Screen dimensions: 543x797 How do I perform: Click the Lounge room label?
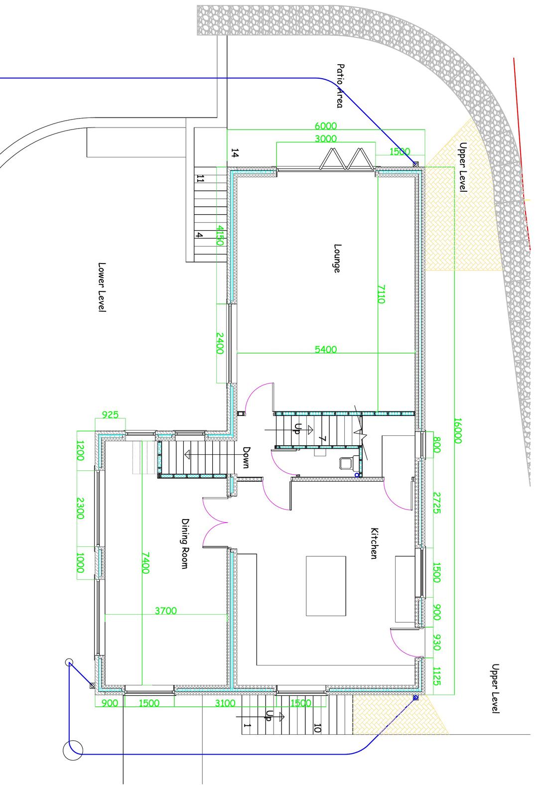coord(337,258)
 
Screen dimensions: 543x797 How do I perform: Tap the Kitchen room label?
coord(374,543)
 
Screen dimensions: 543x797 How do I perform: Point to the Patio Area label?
coord(340,85)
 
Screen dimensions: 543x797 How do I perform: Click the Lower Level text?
coord(102,287)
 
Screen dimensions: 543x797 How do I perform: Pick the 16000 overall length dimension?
coord(458,431)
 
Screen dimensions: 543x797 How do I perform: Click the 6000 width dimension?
coord(326,126)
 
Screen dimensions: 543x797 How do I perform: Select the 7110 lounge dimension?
coord(381,294)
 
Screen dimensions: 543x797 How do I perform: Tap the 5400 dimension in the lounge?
coord(326,349)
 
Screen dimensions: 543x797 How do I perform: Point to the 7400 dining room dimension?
coord(145,563)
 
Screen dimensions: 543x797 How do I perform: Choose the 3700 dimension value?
coord(166,611)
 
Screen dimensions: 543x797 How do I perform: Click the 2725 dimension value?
coord(437,503)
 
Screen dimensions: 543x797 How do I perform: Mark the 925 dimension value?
coord(110,414)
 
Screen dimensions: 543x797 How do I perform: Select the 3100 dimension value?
coord(226,703)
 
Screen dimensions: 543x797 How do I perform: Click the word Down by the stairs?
coord(246,458)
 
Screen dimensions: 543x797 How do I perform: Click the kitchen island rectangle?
coord(326,586)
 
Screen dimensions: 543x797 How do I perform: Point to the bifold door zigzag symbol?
coord(347,158)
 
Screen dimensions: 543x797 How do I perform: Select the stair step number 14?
coord(235,153)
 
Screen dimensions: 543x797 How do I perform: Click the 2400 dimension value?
coord(220,343)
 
